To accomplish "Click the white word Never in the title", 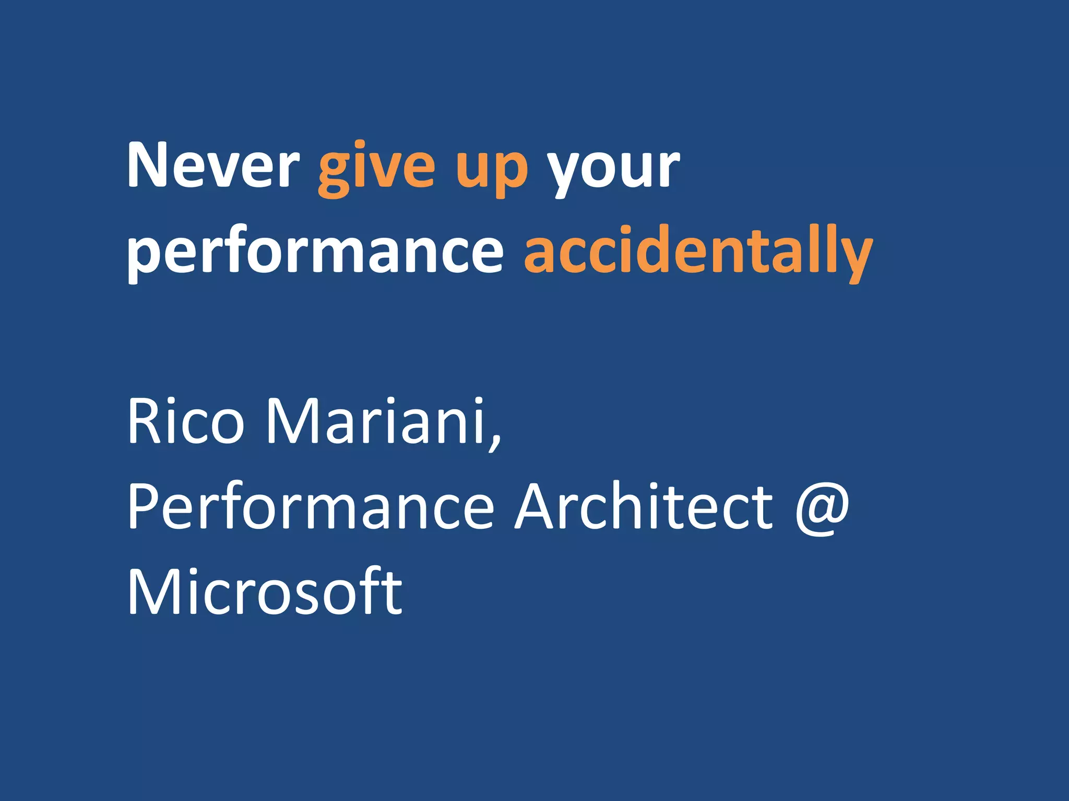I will tap(213, 166).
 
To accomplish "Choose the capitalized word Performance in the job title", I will tap(311, 506).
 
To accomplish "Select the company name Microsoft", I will tap(265, 591).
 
